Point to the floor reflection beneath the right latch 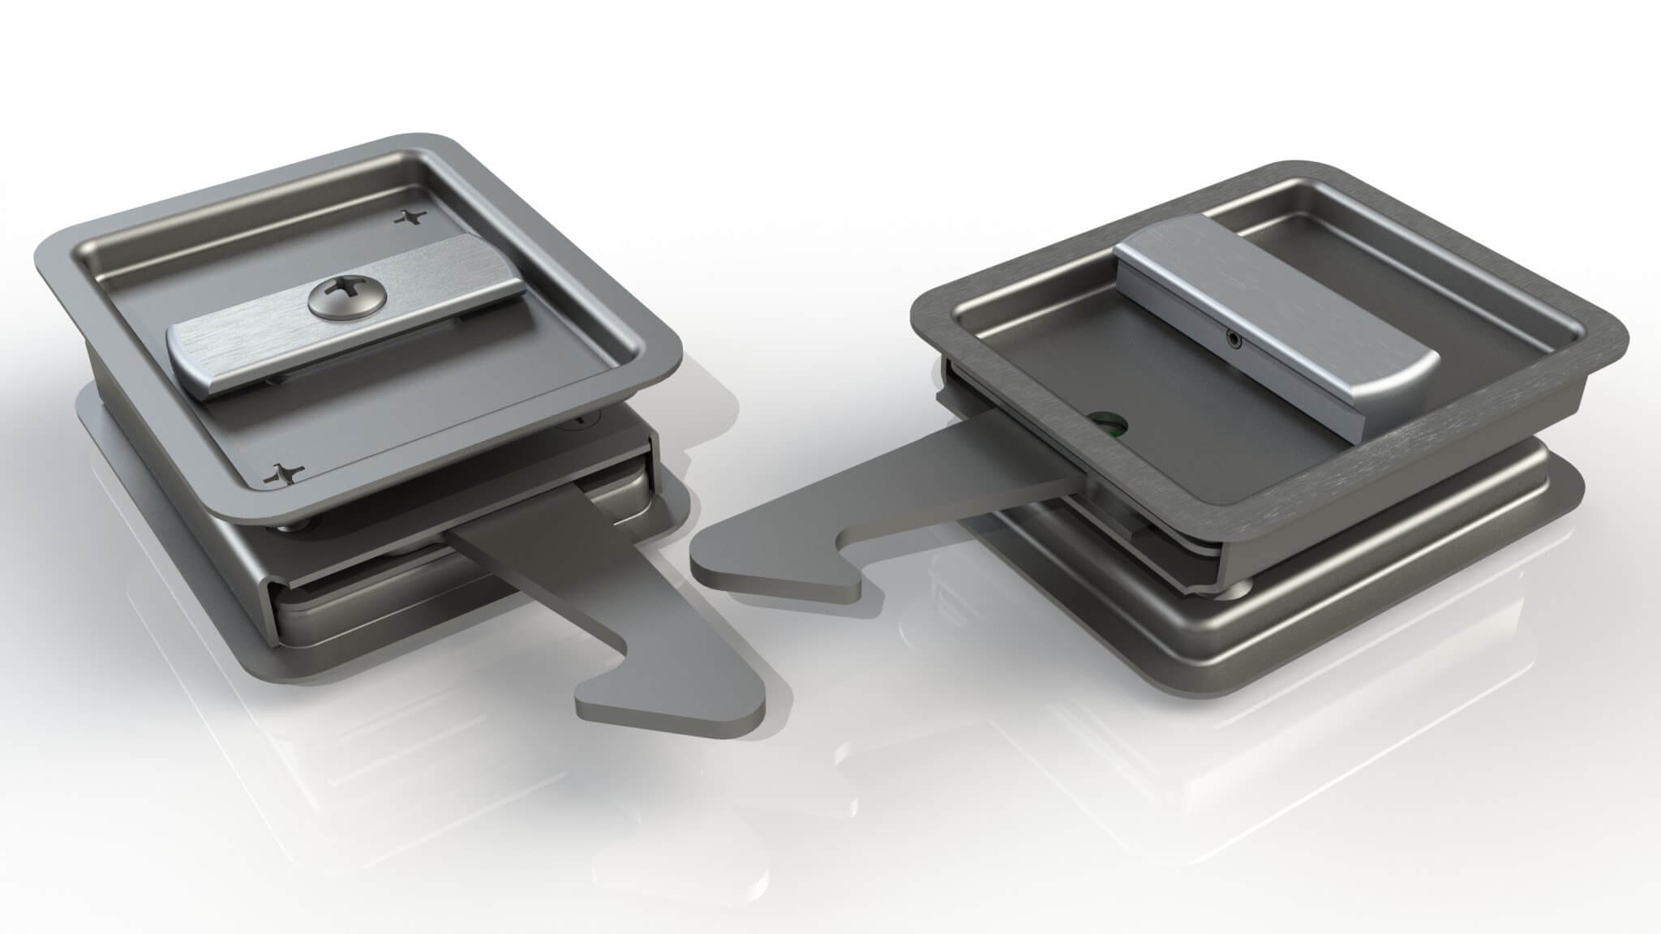[x=1217, y=770]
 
